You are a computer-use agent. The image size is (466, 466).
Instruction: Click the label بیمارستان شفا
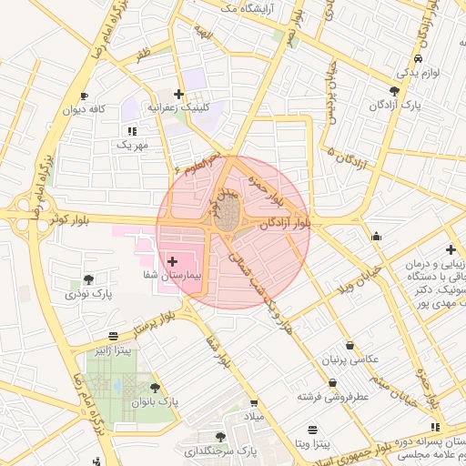(x=172, y=273)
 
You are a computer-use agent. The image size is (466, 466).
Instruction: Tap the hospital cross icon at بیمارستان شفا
(x=173, y=261)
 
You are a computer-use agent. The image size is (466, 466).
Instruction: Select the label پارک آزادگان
(x=393, y=105)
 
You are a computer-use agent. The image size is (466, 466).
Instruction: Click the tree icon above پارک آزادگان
(x=393, y=91)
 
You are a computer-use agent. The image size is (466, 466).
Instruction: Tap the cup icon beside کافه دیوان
(x=85, y=96)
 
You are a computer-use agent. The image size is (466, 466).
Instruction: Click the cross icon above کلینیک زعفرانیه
(x=179, y=94)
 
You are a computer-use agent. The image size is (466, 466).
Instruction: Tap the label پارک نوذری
(x=88, y=294)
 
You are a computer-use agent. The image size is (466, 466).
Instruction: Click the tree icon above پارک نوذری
(x=88, y=280)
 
